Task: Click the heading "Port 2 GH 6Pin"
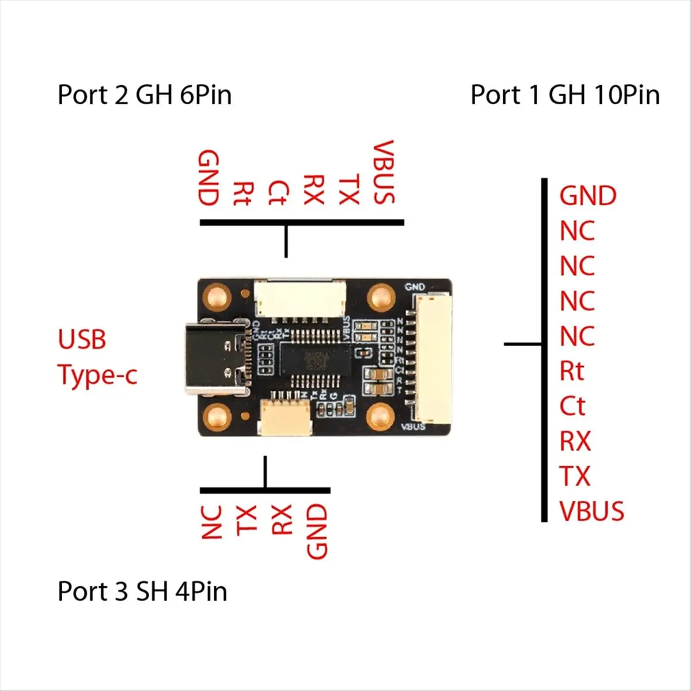click(145, 95)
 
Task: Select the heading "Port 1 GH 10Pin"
click(565, 95)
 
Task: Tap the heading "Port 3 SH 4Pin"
click(142, 591)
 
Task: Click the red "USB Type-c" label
click(97, 357)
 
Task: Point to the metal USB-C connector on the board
click(216, 360)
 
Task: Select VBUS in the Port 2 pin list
click(384, 172)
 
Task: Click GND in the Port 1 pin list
click(587, 196)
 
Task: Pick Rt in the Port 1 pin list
click(572, 371)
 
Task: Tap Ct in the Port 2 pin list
click(278, 192)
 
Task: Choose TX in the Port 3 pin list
click(246, 521)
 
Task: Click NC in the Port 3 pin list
click(211, 522)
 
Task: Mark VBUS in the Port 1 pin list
click(591, 511)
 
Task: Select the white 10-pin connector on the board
click(430, 359)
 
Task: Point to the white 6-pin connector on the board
click(299, 298)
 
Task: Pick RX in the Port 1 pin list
click(575, 442)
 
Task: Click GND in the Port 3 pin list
click(317, 531)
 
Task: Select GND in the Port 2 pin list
click(208, 178)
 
